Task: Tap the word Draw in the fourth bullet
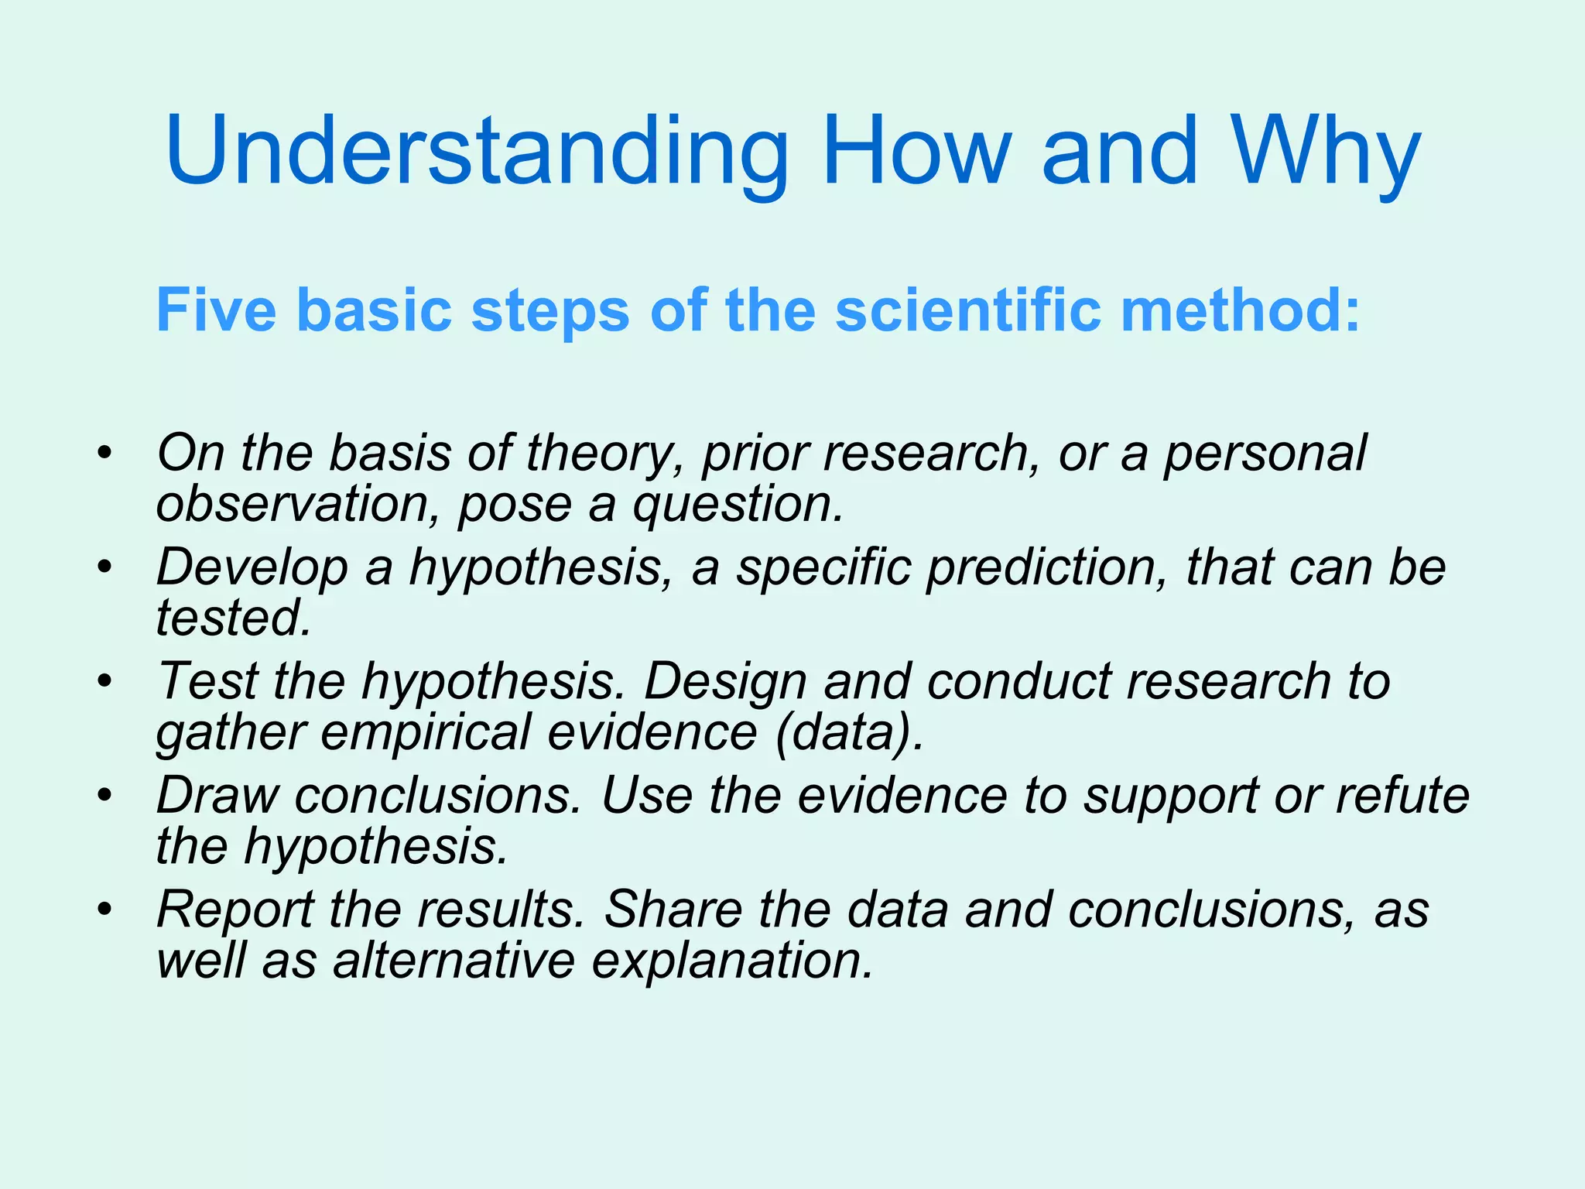pos(217,795)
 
